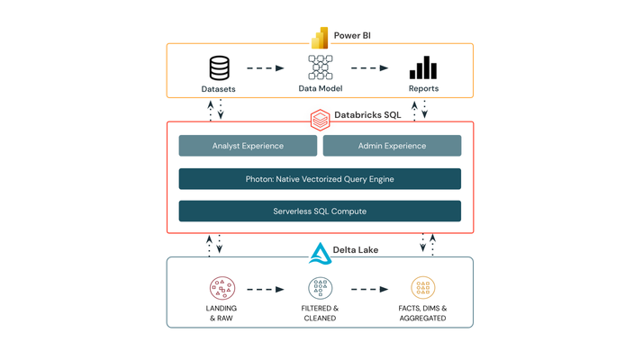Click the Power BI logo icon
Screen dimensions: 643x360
click(x=320, y=38)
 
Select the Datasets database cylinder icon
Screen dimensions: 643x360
click(x=220, y=68)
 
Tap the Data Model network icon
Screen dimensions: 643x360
click(x=321, y=67)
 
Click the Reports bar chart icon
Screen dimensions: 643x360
click(x=423, y=67)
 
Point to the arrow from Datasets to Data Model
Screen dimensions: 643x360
click(x=266, y=68)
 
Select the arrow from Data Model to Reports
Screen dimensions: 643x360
click(x=369, y=68)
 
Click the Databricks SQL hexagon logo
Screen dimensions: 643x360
click(x=320, y=120)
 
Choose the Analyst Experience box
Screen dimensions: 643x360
click(x=248, y=146)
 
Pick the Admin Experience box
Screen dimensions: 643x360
click(x=392, y=146)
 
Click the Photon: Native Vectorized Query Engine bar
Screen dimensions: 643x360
click(x=320, y=179)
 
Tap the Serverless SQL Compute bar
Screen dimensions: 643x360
click(x=320, y=211)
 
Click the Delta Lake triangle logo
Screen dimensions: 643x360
click(x=320, y=254)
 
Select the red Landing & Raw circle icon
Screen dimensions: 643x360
click(x=222, y=288)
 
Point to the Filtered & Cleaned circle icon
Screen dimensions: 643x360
click(x=321, y=288)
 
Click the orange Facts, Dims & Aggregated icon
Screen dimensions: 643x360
click(x=422, y=288)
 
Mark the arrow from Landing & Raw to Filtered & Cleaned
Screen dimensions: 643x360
click(x=266, y=290)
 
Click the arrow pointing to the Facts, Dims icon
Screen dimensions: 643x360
click(x=369, y=290)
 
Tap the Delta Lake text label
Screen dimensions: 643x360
click(x=356, y=249)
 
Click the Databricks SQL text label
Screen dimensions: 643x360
click(x=367, y=115)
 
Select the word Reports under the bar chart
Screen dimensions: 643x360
click(x=423, y=88)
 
